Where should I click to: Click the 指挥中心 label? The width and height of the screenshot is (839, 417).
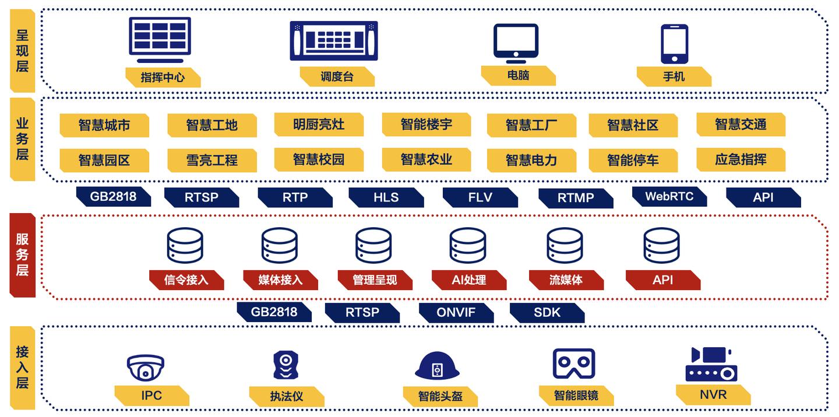163,77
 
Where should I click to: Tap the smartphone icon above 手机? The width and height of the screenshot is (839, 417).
674,44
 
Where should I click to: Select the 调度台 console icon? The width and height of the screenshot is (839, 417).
334,40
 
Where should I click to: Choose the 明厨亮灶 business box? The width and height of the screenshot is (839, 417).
319,125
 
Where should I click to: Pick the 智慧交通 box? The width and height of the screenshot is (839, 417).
741,125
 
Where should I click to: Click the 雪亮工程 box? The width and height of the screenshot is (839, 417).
211,160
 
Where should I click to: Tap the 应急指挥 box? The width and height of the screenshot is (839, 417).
741,160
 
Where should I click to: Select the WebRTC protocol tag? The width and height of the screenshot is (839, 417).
669,197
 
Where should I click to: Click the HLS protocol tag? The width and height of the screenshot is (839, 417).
386,197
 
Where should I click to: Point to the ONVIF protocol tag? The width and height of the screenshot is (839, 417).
456,313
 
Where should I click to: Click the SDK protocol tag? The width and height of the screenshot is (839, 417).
547,313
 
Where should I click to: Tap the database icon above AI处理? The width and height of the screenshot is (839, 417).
468,245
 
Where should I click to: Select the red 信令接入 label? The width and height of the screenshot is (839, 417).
186,280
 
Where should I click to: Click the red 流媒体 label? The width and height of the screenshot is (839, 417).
566,280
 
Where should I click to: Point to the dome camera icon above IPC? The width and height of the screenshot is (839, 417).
146,367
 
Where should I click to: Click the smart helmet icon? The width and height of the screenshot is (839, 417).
437,366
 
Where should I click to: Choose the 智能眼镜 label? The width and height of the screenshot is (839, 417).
576,396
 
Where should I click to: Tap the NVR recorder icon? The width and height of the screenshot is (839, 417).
711,365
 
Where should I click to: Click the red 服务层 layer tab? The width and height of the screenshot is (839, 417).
22,255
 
